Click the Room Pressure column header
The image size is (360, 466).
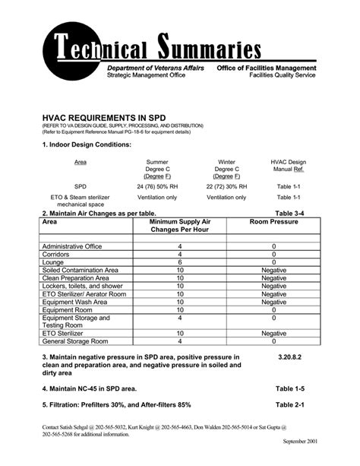[x=273, y=222]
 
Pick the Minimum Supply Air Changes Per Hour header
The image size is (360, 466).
[x=180, y=226]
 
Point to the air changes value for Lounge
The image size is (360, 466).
[x=180, y=262]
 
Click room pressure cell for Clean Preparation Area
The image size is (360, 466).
[x=273, y=278]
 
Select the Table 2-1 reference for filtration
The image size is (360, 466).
[x=289, y=404]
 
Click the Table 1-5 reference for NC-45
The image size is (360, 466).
[x=289, y=388]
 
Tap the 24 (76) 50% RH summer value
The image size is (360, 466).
[x=156, y=185]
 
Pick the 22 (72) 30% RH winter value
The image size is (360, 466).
[x=226, y=185]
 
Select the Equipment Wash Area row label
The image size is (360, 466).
[x=79, y=302]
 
